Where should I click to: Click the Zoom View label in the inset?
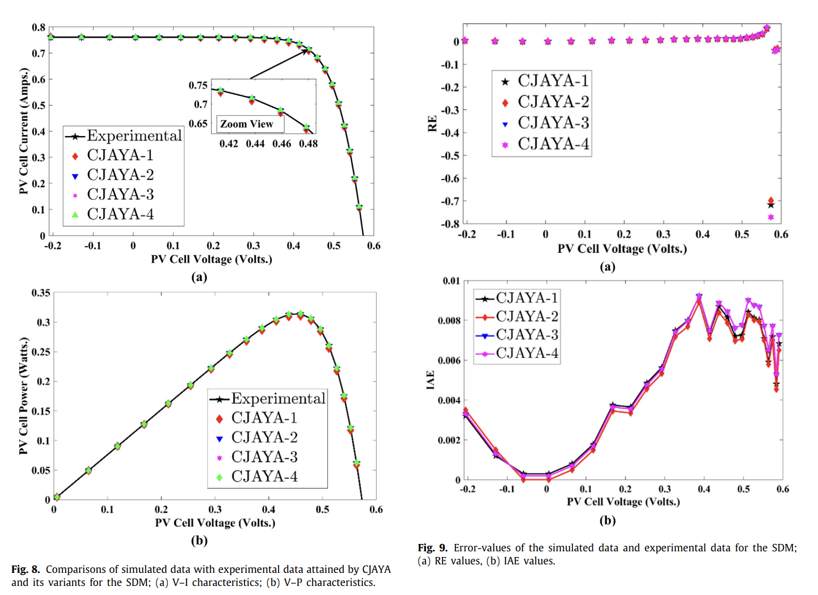[x=247, y=124]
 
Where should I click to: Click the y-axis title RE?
[x=432, y=124]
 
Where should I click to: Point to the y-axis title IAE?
[x=431, y=380]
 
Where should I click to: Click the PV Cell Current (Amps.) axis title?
[x=23, y=131]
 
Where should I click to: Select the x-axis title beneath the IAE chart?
[x=623, y=502]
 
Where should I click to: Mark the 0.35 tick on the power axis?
[x=41, y=293]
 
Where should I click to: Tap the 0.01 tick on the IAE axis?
[x=452, y=281]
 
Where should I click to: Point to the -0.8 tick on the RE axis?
[x=450, y=223]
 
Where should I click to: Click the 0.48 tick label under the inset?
[x=308, y=144]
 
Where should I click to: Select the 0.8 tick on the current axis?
[x=39, y=28]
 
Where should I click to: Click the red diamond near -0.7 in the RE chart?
[x=771, y=200]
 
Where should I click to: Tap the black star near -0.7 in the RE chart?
[x=770, y=205]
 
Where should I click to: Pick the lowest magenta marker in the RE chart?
[x=771, y=217]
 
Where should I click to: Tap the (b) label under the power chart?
[x=199, y=541]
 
